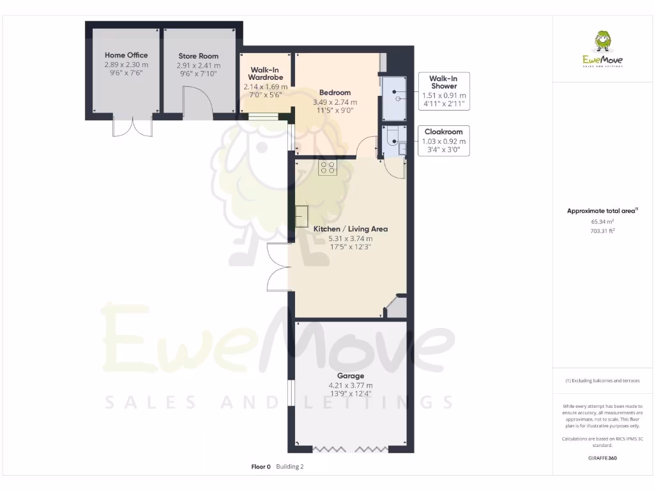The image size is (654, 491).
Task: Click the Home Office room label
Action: [x=126, y=55]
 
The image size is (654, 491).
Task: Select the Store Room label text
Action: [x=199, y=56]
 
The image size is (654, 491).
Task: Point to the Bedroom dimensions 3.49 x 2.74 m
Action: [x=335, y=102]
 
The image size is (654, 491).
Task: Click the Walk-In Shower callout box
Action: [x=443, y=90]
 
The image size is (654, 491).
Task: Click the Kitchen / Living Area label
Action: [x=350, y=229]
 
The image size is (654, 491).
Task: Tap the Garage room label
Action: [x=350, y=376]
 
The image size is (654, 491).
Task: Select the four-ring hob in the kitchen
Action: [x=328, y=168]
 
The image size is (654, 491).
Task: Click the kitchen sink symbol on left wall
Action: [x=301, y=215]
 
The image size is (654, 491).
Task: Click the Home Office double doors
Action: [x=133, y=127]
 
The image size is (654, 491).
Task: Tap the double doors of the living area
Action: [x=279, y=267]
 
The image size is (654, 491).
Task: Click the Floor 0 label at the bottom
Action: [x=261, y=467]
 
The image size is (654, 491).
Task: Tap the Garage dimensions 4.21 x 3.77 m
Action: [x=350, y=386]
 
